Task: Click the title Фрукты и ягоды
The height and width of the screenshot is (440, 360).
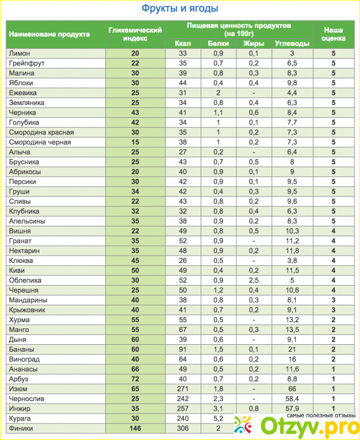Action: pos(179,9)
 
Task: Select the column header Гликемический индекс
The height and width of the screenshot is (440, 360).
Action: pos(135,34)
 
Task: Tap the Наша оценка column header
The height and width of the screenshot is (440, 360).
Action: pos(334,34)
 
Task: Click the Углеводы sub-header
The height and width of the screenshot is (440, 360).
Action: pos(292,44)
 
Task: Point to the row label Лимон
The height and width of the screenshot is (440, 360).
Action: pos(19,54)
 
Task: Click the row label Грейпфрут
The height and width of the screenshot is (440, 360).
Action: pos(27,64)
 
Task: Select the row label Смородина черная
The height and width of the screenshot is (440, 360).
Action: pos(40,142)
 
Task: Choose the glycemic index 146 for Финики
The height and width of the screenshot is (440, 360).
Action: pos(135,428)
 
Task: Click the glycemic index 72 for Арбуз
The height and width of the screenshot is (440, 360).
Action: pos(135,379)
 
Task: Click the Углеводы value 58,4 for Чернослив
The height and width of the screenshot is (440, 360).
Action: pos(292,398)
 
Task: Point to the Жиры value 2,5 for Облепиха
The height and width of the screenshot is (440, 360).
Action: pos(254,280)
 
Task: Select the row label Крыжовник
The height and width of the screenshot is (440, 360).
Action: pos(27,309)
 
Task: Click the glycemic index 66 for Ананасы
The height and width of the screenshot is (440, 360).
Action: pos(135,369)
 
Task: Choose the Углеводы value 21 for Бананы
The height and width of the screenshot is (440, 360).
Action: pos(292,349)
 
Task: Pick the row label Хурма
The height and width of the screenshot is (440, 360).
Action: pos(19,319)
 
